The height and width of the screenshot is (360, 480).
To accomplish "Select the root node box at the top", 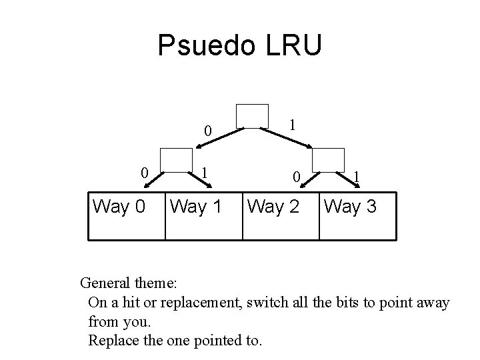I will [252, 117].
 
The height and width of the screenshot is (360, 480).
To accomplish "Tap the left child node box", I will [177, 161].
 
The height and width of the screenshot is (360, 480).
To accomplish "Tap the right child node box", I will [328, 161].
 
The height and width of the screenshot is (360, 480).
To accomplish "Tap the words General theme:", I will [128, 283].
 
